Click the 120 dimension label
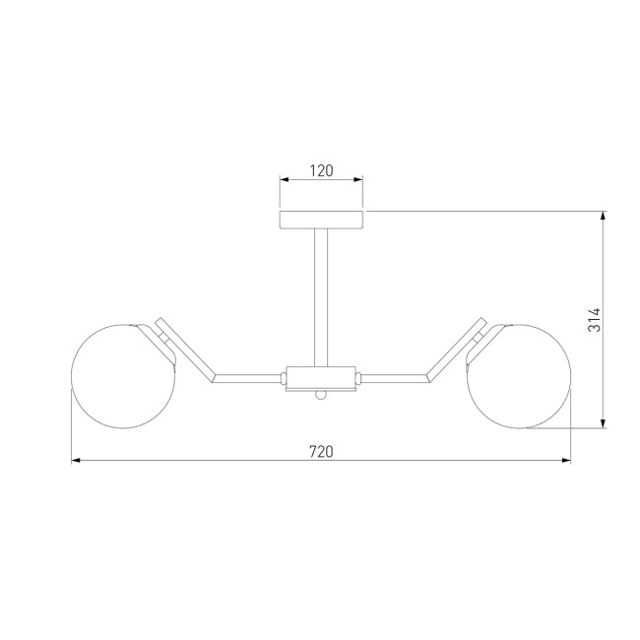click(x=321, y=170)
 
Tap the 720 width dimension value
click(x=321, y=452)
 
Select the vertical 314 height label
click(x=595, y=320)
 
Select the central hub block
click(x=321, y=378)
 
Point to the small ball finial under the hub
click(x=321, y=395)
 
